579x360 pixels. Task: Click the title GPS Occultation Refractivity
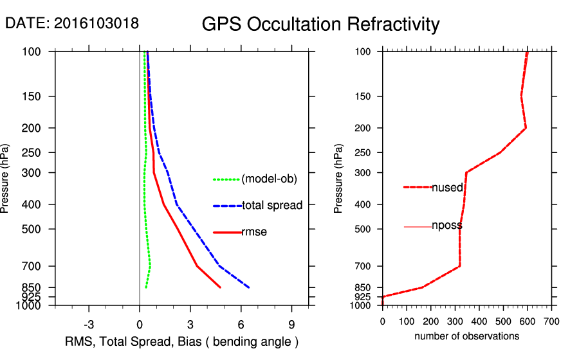pyautogui.click(x=320, y=24)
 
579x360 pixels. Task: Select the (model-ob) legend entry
pyautogui.click(x=269, y=179)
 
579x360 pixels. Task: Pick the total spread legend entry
pyautogui.click(x=272, y=206)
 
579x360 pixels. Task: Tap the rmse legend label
pyautogui.click(x=254, y=232)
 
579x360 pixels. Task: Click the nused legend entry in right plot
pyautogui.click(x=447, y=187)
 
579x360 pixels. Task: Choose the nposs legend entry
pyautogui.click(x=447, y=226)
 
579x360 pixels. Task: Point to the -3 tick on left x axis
pyautogui.click(x=89, y=324)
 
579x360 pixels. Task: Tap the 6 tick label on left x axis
pyautogui.click(x=241, y=324)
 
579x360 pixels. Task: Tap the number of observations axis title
pyautogui.click(x=466, y=336)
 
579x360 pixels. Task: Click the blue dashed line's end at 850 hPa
pyautogui.click(x=248, y=287)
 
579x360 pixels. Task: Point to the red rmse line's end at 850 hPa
pyautogui.click(x=220, y=287)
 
